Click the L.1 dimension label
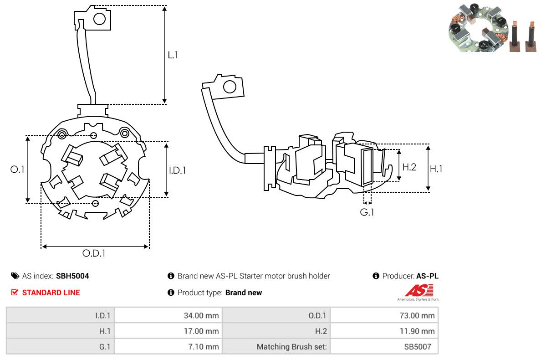[x=173, y=55]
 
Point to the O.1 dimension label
[x=17, y=170]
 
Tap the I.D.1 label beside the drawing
[x=177, y=170]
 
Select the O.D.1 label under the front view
[x=94, y=253]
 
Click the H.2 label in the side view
[x=409, y=167]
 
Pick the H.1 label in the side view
[x=436, y=169]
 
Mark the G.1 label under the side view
[x=367, y=212]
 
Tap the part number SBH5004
[x=72, y=276]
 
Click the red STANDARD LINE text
[x=51, y=293]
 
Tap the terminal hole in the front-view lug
[x=99, y=19]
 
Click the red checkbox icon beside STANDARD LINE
[x=15, y=293]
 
